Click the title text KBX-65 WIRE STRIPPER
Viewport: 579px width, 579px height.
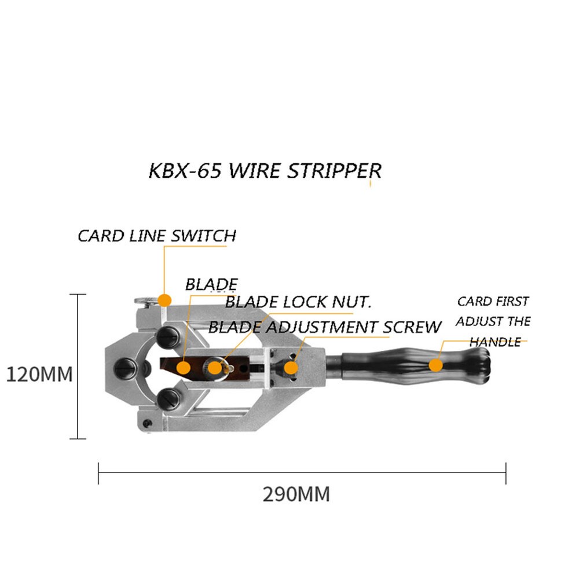pyautogui.click(x=265, y=171)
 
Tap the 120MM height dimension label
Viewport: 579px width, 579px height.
pyautogui.click(x=39, y=374)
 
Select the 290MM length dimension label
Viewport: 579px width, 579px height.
pyautogui.click(x=296, y=494)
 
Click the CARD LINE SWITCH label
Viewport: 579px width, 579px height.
pyautogui.click(x=157, y=236)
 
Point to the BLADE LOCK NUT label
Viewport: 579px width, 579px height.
pyautogui.click(x=298, y=302)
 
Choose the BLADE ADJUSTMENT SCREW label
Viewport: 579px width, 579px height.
pyautogui.click(x=325, y=327)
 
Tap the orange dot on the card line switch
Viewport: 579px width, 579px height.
pyautogui.click(x=165, y=300)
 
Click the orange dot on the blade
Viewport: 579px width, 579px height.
pyautogui.click(x=184, y=367)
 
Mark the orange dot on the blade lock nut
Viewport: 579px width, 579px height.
pyautogui.click(x=215, y=367)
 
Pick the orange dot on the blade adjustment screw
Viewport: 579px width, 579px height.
pyautogui.click(x=291, y=367)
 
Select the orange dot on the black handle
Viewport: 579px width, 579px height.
pyautogui.click(x=435, y=365)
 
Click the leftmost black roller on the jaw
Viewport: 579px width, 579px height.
pyautogui.click(x=124, y=367)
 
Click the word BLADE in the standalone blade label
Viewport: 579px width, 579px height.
pyautogui.click(x=211, y=284)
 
